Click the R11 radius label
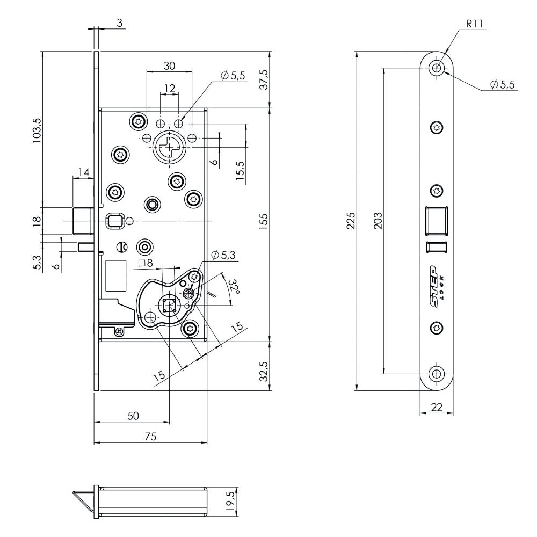(x=474, y=24)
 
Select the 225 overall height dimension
(x=351, y=221)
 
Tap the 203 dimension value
(x=377, y=221)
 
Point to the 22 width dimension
(x=436, y=407)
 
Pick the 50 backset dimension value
(x=133, y=416)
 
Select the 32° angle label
(x=234, y=286)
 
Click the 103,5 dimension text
(x=37, y=130)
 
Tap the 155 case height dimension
(x=263, y=221)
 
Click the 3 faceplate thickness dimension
(x=120, y=23)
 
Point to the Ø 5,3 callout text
(x=223, y=255)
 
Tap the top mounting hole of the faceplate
(x=437, y=68)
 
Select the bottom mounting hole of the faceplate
(x=437, y=374)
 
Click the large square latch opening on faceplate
(x=436, y=221)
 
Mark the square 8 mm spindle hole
(x=170, y=304)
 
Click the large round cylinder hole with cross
(x=170, y=148)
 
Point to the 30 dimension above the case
(x=169, y=66)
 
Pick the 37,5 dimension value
(x=264, y=79)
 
